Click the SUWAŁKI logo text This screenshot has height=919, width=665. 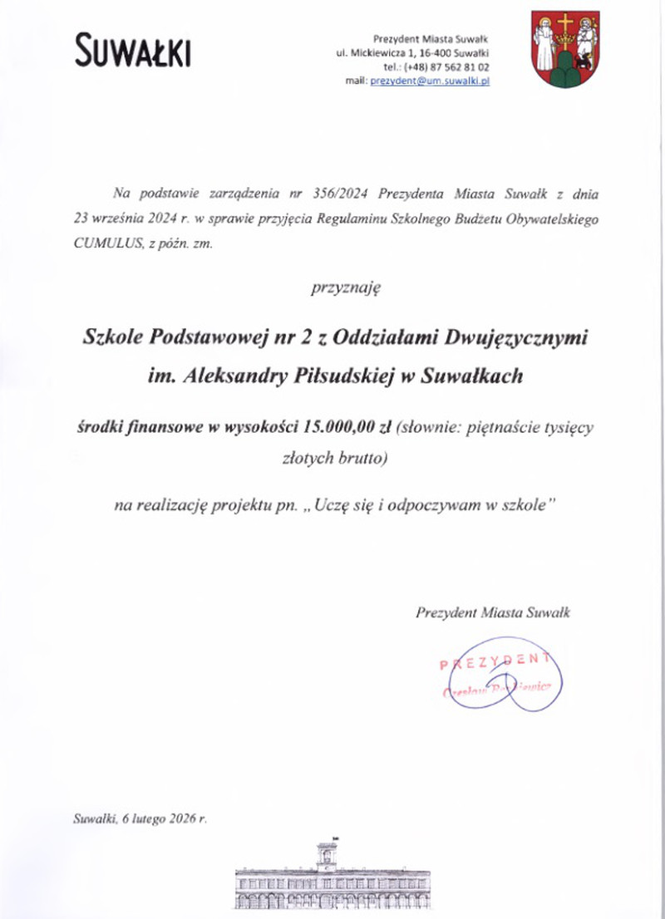coord(133,51)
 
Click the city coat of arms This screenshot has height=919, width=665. coord(564,49)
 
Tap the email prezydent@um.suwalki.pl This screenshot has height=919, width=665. coord(430,80)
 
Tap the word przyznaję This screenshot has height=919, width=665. coord(345,289)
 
